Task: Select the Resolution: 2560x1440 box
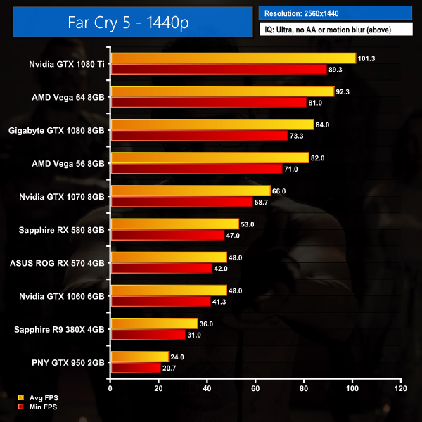point(335,13)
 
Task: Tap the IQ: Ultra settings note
point(335,30)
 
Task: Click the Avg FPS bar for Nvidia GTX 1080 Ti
point(233,58)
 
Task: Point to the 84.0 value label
point(323,124)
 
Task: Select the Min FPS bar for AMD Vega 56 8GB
point(196,169)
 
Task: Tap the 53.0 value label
point(248,224)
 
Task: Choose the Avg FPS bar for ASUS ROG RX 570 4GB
point(168,257)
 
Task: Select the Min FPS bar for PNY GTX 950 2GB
point(135,368)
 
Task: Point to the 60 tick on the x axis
point(255,388)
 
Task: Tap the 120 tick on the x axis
point(400,388)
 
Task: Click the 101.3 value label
point(366,58)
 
